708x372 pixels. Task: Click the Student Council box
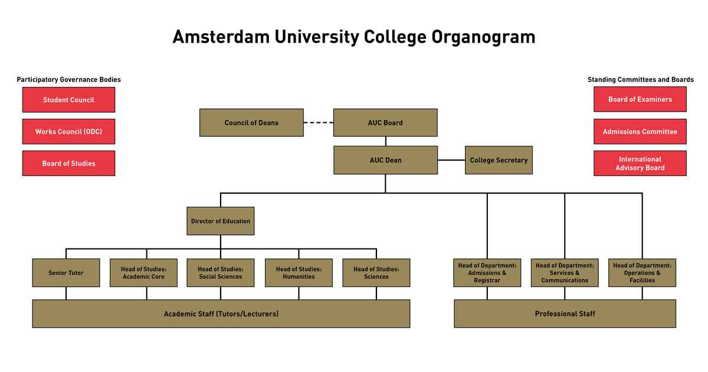pyautogui.click(x=68, y=100)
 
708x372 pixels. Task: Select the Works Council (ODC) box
pyautogui.click(x=68, y=132)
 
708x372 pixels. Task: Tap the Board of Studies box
pyautogui.click(x=68, y=164)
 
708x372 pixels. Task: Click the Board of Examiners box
pyautogui.click(x=640, y=100)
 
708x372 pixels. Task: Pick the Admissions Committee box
pyautogui.click(x=640, y=132)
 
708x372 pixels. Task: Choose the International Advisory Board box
pyautogui.click(x=640, y=164)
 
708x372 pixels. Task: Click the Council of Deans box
pyautogui.click(x=251, y=123)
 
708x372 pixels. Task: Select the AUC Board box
pyautogui.click(x=385, y=123)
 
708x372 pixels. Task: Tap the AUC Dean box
pyautogui.click(x=385, y=160)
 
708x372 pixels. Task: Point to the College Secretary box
pyautogui.click(x=499, y=160)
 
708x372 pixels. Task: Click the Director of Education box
pyautogui.click(x=221, y=221)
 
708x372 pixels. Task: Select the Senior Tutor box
pyautogui.click(x=66, y=273)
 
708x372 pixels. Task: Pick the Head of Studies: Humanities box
pyautogui.click(x=299, y=273)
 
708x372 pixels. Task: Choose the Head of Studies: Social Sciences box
pyautogui.click(x=221, y=273)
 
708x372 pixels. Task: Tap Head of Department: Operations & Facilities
pyautogui.click(x=642, y=273)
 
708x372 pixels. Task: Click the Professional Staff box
pyautogui.click(x=565, y=314)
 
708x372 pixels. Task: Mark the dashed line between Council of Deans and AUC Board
pyautogui.click(x=319, y=123)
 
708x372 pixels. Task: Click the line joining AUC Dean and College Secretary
pyautogui.click(x=451, y=160)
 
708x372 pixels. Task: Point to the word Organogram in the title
pyautogui.click(x=483, y=37)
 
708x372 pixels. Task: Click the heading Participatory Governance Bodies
pyautogui.click(x=68, y=80)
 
